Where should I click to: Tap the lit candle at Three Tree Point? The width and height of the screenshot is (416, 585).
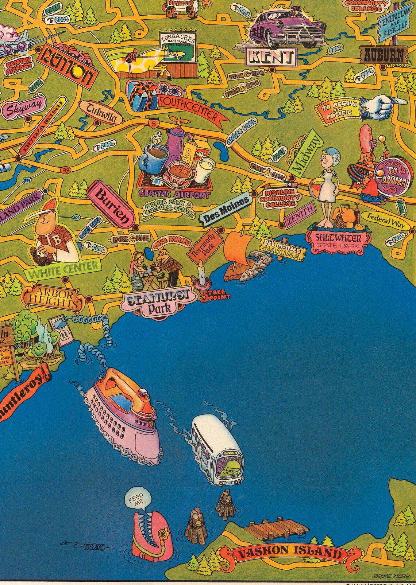(x=200, y=273)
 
